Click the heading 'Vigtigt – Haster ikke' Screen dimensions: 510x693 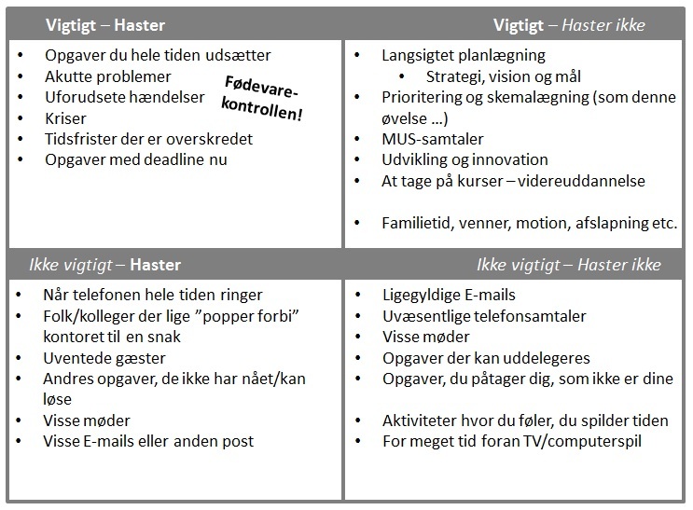click(x=569, y=25)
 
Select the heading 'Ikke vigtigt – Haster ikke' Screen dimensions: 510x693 click(x=568, y=265)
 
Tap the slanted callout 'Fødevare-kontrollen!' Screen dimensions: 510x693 click(x=264, y=98)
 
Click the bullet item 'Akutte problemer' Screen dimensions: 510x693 click(x=108, y=76)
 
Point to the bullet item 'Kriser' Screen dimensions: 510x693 click(x=65, y=118)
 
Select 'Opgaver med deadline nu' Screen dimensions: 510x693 click(x=136, y=159)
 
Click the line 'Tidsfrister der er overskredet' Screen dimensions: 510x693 click(x=148, y=139)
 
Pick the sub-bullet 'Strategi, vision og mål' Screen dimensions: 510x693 click(x=504, y=76)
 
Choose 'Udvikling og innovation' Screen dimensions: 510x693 click(x=464, y=159)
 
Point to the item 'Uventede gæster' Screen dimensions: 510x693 click(x=104, y=358)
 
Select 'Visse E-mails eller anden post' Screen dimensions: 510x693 click(x=148, y=441)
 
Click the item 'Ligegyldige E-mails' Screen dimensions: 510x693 click(x=449, y=296)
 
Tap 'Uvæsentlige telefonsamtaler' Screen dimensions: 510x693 click(x=484, y=316)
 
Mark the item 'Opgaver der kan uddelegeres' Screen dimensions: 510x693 click(x=486, y=358)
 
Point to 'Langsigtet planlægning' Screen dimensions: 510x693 click(x=464, y=56)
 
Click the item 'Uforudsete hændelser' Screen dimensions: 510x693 click(x=124, y=97)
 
